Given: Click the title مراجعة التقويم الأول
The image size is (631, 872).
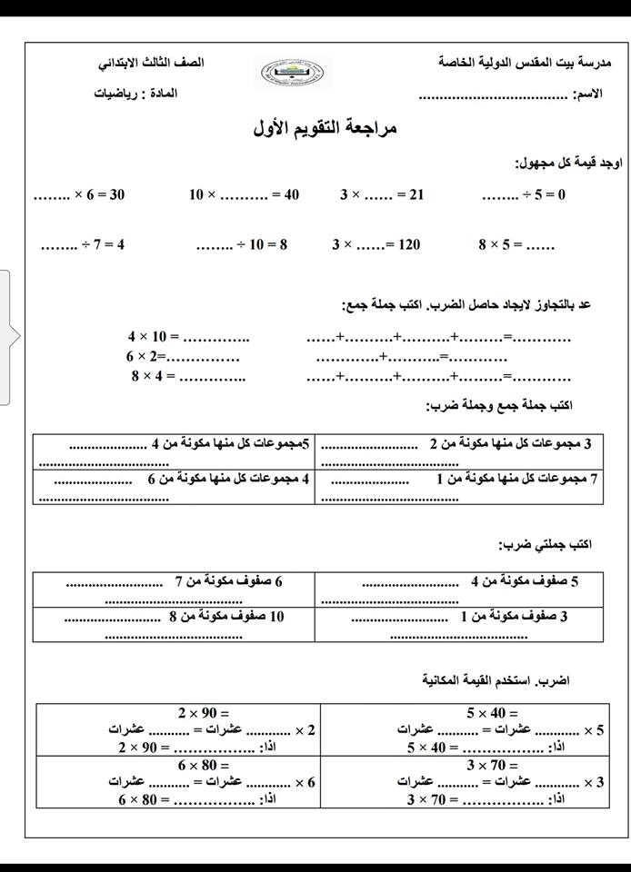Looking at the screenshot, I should (326, 128).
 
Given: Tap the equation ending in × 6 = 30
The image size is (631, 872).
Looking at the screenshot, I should (79, 194).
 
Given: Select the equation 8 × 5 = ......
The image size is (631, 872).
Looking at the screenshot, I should (516, 244).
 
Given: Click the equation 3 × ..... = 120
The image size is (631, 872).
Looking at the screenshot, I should (376, 244).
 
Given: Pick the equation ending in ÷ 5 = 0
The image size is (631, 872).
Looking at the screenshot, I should (523, 194).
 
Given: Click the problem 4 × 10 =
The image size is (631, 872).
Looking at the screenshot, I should (188, 337).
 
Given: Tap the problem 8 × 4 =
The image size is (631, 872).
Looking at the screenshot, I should (190, 375).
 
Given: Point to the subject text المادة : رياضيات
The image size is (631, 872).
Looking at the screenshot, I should (135, 94).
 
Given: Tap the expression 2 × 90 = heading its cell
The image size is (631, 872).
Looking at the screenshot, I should (204, 713).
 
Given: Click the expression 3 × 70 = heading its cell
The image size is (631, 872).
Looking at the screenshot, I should (492, 766).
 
